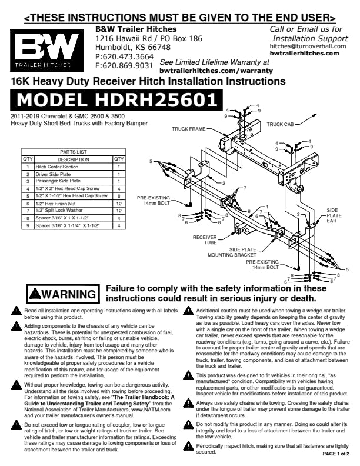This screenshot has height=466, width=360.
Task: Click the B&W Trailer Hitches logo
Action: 47,50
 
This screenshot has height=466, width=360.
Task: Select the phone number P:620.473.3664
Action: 124,56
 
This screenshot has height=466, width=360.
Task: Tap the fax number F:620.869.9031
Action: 124,65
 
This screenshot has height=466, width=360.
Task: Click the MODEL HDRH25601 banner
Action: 116,100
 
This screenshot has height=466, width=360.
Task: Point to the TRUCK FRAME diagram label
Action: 189,129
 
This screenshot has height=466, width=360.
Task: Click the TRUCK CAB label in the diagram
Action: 280,124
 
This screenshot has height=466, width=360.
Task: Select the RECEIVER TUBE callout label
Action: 205,240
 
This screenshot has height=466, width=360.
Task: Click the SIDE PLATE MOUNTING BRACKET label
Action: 232,252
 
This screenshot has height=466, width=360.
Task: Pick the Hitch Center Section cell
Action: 74,167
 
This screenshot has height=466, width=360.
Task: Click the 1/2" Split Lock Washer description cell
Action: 74,211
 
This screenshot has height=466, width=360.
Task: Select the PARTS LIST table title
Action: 74,152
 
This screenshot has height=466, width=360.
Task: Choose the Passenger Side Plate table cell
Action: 74,181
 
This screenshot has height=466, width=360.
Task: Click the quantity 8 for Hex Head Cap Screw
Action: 119,196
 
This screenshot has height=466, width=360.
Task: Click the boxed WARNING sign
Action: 63,294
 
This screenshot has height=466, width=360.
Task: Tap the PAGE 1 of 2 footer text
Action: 336,454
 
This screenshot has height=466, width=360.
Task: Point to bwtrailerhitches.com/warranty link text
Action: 216,71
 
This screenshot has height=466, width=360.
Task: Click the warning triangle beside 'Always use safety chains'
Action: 188,404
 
